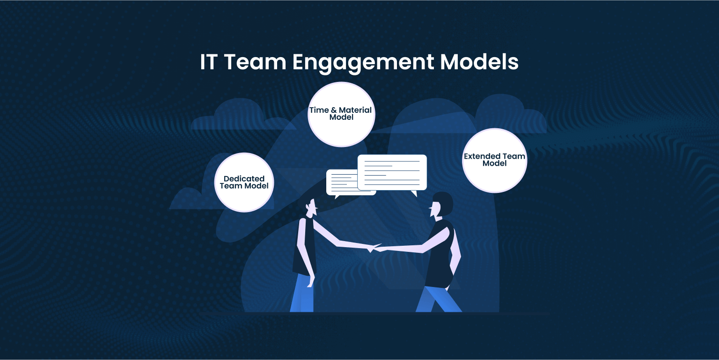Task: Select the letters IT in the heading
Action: coord(209,62)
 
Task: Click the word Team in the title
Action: coord(255,62)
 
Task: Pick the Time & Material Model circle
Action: coord(341,114)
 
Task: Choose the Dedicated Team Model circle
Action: coord(244,182)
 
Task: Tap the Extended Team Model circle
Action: coord(494,160)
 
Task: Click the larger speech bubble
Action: coord(392,172)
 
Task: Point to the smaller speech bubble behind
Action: coord(341,182)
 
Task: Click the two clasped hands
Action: coord(373,247)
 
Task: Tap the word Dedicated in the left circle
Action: coord(244,178)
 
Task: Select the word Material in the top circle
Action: coord(355,110)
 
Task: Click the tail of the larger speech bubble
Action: coord(413,193)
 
